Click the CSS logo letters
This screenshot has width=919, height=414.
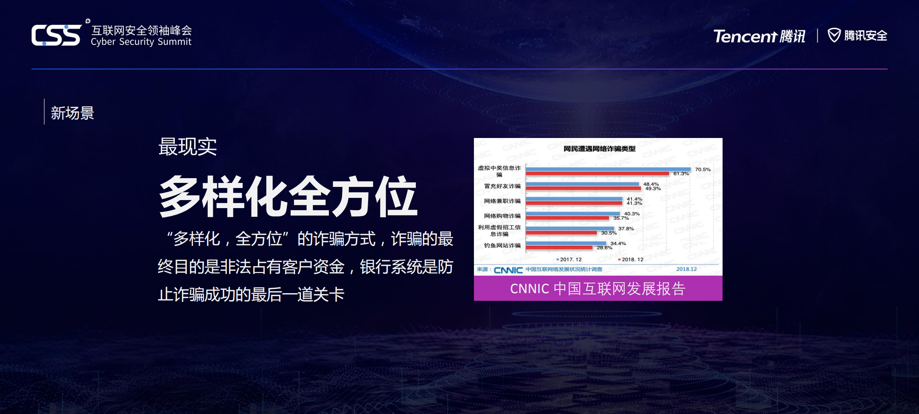tap(56, 35)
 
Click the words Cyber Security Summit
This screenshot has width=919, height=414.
tap(141, 42)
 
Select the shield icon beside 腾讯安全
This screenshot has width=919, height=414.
tap(834, 35)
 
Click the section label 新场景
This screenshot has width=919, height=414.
tap(72, 113)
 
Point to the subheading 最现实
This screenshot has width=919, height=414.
tap(187, 147)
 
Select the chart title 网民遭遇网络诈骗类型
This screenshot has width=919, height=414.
tap(599, 149)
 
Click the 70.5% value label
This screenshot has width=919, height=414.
tap(702, 169)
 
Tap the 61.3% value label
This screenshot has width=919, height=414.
tap(681, 174)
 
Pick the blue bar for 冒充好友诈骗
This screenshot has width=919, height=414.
tap(582, 184)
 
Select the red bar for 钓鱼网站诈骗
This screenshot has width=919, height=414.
tap(559, 248)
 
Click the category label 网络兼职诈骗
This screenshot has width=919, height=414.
tap(502, 201)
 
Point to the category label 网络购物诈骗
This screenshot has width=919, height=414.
tap(502, 216)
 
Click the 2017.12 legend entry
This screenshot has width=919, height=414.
tap(570, 260)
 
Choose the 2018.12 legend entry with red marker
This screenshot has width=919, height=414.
tap(631, 260)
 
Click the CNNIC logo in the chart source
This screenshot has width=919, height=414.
tap(508, 270)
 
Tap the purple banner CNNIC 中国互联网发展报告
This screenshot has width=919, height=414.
tap(598, 288)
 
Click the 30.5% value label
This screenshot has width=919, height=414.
tap(609, 233)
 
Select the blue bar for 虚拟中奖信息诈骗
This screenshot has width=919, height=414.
tap(608, 169)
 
